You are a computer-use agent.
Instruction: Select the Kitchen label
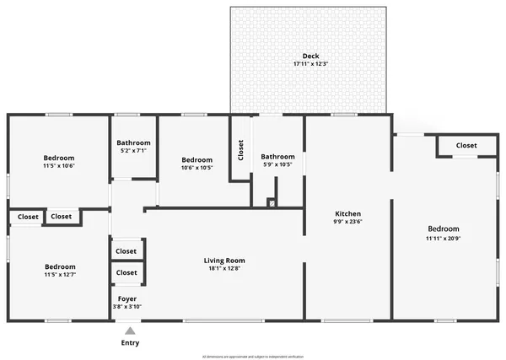(x=348, y=213)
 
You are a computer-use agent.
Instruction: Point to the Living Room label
(x=224, y=260)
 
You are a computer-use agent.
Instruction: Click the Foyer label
(x=126, y=298)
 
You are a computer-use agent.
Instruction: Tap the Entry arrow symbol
(x=130, y=331)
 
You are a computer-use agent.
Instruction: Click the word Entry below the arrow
(x=130, y=343)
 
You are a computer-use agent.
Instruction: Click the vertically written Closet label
(x=241, y=150)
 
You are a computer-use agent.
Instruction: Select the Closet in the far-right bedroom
(x=466, y=145)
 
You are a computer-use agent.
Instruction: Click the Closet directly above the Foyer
(x=126, y=272)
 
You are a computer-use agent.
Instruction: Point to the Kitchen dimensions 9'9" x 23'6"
(x=348, y=223)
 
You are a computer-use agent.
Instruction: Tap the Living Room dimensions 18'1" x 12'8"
(x=224, y=269)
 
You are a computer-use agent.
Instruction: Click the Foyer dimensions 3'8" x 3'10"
(x=126, y=306)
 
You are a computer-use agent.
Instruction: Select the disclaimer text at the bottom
(x=253, y=357)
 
